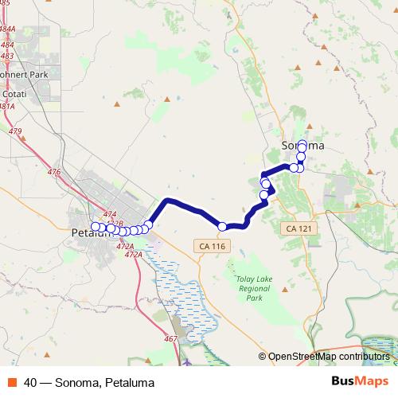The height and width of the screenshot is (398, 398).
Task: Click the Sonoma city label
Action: point(303,146)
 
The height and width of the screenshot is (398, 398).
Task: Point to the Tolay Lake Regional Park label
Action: point(254,288)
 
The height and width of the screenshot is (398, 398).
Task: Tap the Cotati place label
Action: point(12,93)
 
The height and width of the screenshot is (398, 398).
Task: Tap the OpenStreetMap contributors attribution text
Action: point(327,357)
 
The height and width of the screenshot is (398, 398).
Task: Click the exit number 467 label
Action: point(170,339)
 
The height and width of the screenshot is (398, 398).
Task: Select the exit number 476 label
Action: point(54,172)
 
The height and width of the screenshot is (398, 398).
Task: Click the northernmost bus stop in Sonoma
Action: point(302,142)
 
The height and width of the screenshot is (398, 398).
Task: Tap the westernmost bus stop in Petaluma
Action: point(96,227)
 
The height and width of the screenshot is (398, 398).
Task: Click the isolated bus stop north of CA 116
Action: point(222,226)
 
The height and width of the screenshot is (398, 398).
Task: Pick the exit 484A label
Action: point(7,29)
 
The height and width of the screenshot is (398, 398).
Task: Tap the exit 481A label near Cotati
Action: point(6,106)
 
